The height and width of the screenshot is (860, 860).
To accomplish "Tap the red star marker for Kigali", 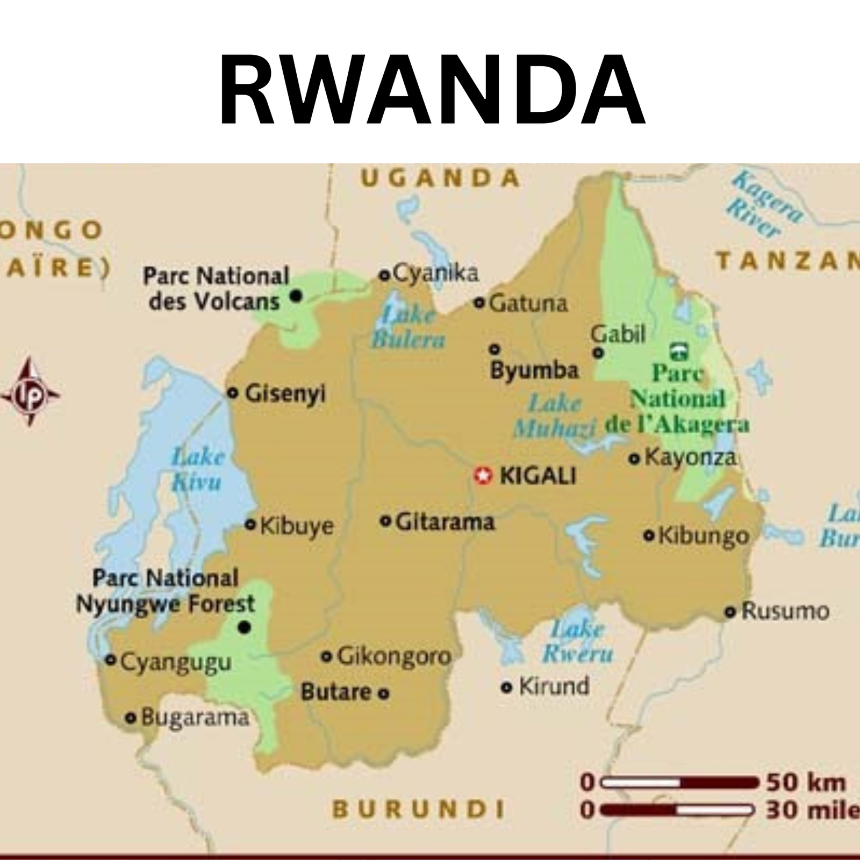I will [x=483, y=476].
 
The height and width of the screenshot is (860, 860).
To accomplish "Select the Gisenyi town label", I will [x=285, y=394].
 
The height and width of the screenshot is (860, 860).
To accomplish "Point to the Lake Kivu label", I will [x=197, y=469].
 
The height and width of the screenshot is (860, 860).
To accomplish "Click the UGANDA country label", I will [x=440, y=178].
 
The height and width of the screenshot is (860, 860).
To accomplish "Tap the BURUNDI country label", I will [x=419, y=809].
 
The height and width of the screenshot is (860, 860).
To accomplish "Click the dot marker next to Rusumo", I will [x=730, y=612].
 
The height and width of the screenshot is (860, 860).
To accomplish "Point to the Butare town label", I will [x=336, y=692].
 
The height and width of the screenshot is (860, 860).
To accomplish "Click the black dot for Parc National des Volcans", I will [x=296, y=296].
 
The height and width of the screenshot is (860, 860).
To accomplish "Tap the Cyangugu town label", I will [x=176, y=662].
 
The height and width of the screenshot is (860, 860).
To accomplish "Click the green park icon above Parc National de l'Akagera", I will [x=679, y=352].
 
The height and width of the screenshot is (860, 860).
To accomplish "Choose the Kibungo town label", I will [x=703, y=536].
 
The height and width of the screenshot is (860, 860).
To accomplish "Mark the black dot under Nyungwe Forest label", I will [x=245, y=627].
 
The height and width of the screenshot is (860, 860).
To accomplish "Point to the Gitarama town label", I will [x=445, y=522].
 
